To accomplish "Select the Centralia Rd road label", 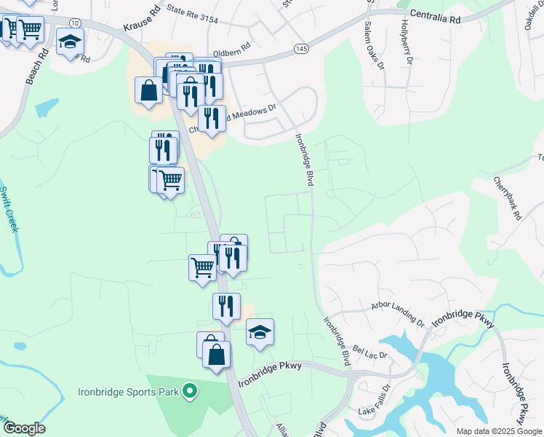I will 436,17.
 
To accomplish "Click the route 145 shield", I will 300,48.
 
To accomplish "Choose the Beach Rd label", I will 34,66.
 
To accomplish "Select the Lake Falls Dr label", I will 375,411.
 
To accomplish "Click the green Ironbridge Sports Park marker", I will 189,392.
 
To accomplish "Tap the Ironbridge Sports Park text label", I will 128,392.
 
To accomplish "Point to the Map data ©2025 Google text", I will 498,431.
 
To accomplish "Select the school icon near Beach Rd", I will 71,44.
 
